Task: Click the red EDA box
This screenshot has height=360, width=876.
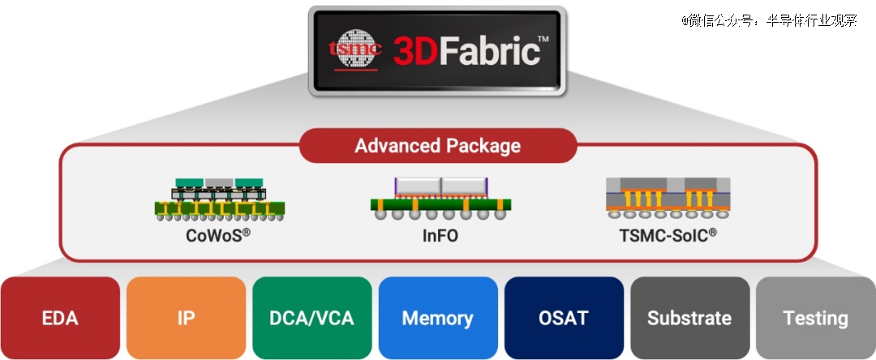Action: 60,318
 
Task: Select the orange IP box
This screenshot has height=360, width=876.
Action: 186,318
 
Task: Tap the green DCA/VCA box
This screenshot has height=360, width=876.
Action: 311,318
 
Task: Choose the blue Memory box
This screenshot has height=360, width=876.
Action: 438,318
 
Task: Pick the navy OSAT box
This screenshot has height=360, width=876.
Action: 564,318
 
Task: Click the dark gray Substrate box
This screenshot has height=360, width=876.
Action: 690,318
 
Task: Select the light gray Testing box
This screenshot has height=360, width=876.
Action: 816,318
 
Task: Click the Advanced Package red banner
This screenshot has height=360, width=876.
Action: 438,146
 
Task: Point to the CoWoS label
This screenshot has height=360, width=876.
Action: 218,235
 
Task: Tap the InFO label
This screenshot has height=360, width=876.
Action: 440,236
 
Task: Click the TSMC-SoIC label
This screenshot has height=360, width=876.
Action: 668,235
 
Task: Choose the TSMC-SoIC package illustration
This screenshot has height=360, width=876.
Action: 668,199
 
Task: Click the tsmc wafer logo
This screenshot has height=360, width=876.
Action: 355,49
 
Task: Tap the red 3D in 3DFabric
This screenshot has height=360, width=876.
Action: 411,52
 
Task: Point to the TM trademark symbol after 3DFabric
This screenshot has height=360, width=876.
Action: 543,38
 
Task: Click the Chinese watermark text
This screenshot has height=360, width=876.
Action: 769,21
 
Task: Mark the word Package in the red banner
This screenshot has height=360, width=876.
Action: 481,146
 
